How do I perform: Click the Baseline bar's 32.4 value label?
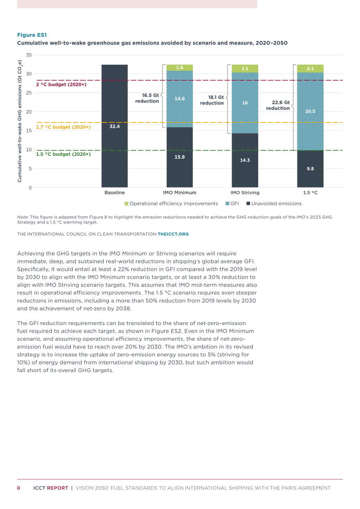point(114,126)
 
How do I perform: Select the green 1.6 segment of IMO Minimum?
point(180,68)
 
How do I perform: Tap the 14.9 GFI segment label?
point(180,99)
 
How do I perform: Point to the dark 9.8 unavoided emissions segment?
point(310,169)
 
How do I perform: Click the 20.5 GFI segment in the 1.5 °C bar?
point(310,111)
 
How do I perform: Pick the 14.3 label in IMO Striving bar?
point(245,160)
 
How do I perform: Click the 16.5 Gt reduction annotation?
point(147,98)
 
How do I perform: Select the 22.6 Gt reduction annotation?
point(278,105)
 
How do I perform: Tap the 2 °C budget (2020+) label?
point(61,84)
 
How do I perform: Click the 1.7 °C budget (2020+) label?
point(63,127)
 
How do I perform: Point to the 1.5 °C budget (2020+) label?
point(63,154)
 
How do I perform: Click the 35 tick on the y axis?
point(29,55)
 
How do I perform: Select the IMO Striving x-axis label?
point(245,192)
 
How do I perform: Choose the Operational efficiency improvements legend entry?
point(171,204)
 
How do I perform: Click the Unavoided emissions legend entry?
point(274,204)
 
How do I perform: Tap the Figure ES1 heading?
point(32,35)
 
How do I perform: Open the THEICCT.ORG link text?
point(173,234)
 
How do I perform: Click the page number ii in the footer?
point(19,488)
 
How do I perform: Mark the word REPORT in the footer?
point(58,488)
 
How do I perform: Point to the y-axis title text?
point(20,121)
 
